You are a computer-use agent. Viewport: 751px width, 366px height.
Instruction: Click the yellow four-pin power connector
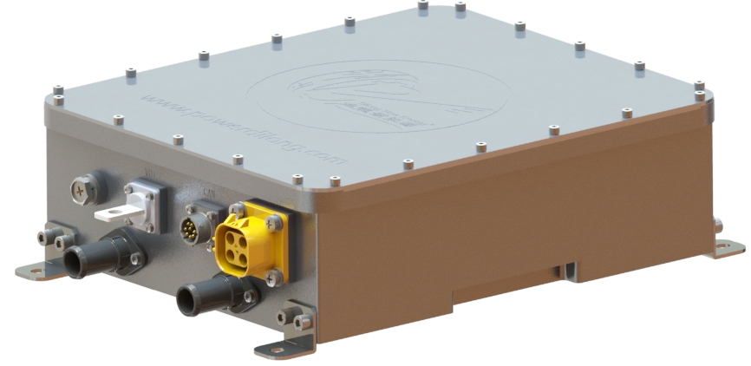click(x=250, y=238)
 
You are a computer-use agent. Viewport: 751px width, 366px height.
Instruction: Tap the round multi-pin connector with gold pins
click(x=195, y=232)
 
